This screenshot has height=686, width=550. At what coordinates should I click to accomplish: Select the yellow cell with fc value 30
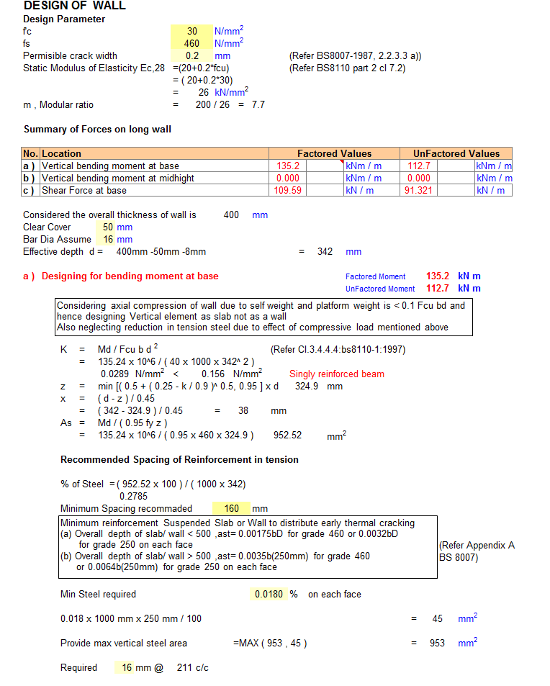coord(191,32)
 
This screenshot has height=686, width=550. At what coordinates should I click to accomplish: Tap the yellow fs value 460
coord(191,43)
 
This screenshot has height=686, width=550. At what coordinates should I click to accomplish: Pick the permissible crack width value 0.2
coord(192,55)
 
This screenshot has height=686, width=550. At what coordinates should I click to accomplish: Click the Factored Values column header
coord(334,153)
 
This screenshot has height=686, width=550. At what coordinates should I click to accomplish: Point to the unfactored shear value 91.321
coord(419,190)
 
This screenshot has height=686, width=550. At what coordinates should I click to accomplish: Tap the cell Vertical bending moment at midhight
coord(118,178)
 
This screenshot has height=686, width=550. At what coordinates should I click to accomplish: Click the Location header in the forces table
coord(62,153)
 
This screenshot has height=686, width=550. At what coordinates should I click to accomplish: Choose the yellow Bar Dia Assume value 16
coord(108,239)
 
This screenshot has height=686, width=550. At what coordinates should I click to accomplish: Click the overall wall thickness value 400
coord(231,215)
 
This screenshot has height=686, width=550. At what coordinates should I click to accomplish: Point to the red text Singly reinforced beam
coord(337,374)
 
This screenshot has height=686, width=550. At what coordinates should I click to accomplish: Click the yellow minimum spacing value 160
coord(231,508)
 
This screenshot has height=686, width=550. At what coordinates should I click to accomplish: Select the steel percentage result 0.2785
coord(132,496)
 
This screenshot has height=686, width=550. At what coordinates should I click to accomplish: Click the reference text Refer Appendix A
coord(477,546)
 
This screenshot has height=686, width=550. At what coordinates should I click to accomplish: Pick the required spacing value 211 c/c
coord(192,667)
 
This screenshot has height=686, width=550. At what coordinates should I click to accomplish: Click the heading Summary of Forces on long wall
coord(97,130)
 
